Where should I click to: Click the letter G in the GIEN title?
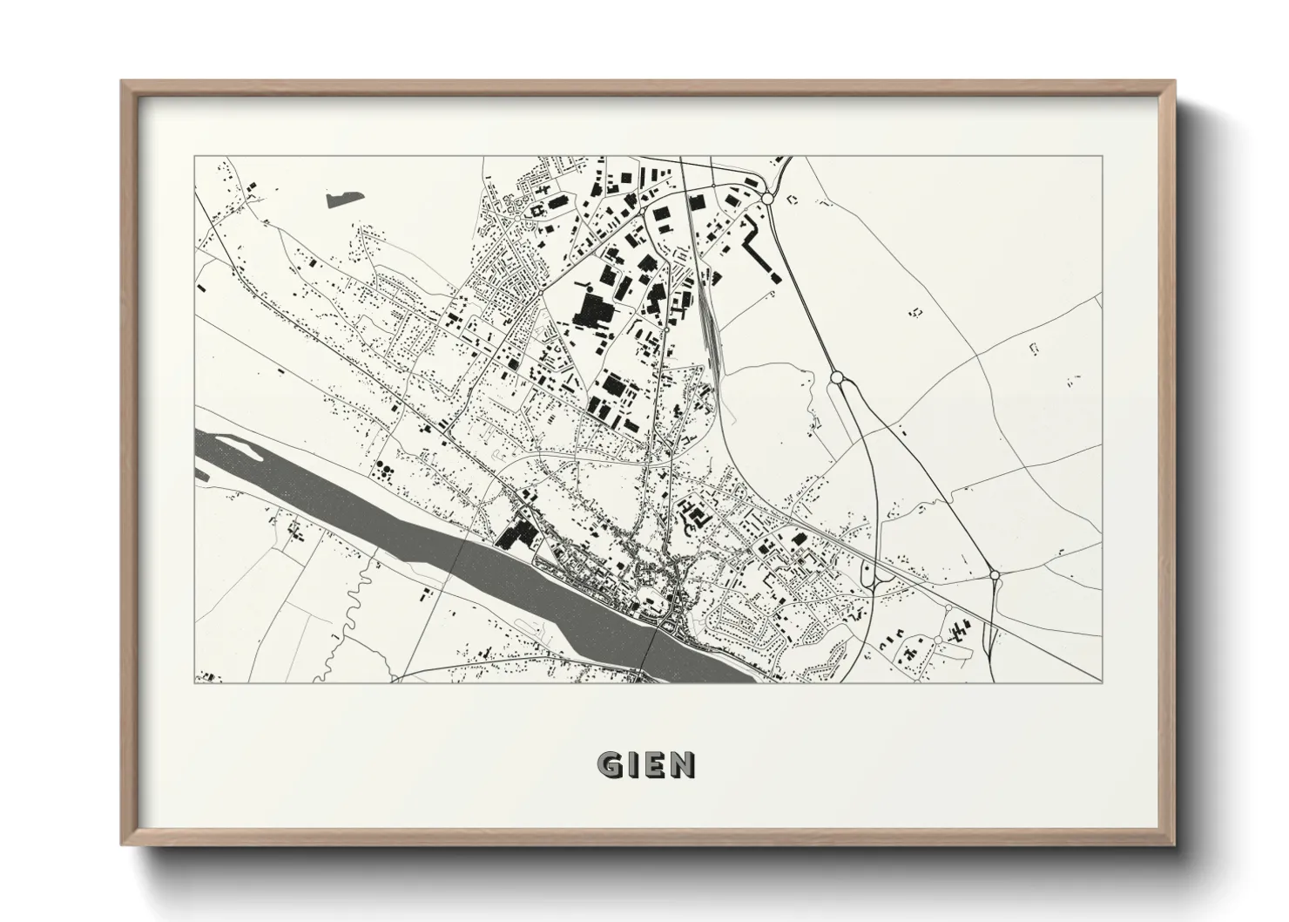point(609,764)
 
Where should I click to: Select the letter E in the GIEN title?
point(655,764)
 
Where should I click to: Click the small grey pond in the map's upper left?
point(343,198)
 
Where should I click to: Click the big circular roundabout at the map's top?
point(767,200)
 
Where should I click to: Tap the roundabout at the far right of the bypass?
point(995,575)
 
